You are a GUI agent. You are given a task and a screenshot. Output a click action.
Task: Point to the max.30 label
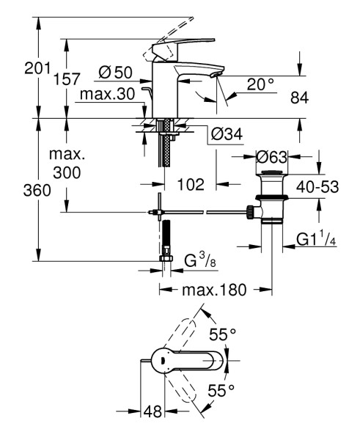(x=108, y=95)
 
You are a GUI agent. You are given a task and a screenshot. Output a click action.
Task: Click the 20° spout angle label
(x=260, y=84)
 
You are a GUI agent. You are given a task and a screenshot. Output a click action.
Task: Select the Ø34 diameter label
(x=227, y=135)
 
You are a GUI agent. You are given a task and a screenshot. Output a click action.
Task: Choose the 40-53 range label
(x=317, y=187)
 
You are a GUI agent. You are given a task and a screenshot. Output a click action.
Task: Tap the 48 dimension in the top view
(x=151, y=412)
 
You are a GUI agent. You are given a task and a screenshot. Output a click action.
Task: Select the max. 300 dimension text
(x=67, y=165)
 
